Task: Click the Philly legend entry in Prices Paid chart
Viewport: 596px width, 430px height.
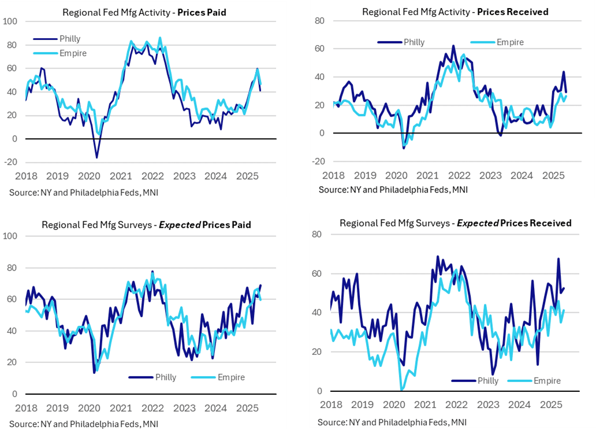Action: (x=69, y=39)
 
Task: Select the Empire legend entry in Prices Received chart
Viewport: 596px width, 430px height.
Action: (x=510, y=42)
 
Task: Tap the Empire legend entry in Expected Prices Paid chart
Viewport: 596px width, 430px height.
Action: (x=231, y=377)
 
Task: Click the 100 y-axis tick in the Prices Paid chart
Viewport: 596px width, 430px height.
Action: (x=11, y=21)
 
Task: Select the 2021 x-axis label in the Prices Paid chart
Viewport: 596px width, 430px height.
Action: (x=120, y=175)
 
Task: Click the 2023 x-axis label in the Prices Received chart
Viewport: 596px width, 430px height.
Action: (x=490, y=175)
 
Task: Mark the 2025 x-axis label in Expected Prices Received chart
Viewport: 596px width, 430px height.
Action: (x=553, y=404)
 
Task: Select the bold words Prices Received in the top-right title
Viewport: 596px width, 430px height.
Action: (x=513, y=12)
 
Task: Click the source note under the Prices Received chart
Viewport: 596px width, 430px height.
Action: (x=393, y=190)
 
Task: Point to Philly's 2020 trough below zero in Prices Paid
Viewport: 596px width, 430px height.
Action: (x=96, y=157)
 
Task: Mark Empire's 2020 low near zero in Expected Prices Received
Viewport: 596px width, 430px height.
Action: (x=402, y=390)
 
